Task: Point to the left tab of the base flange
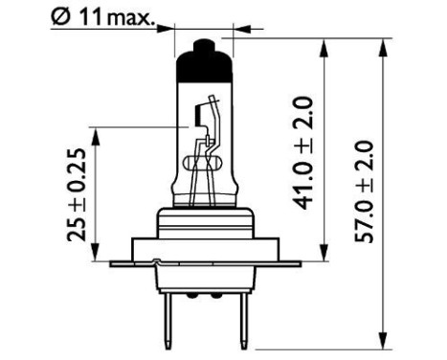click(x=124, y=261)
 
